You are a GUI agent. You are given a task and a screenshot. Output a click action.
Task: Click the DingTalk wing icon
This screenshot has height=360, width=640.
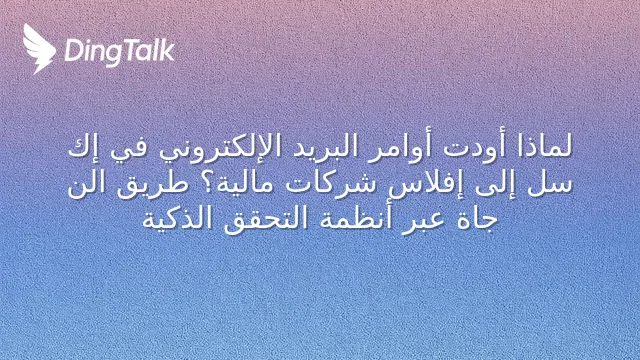39,49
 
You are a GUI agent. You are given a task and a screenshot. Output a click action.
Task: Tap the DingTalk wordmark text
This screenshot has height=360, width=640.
120,52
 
